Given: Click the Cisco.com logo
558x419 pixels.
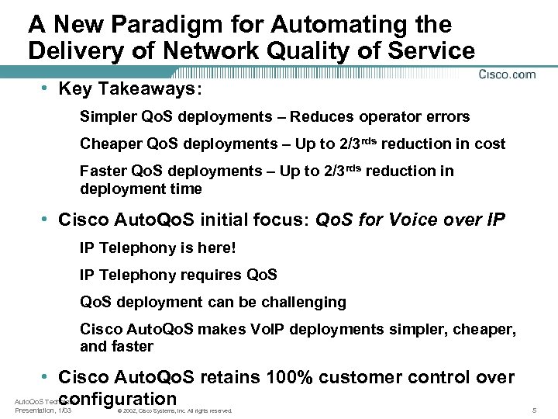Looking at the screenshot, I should tap(508, 74).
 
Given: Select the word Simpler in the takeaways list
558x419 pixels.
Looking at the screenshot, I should tap(106, 117).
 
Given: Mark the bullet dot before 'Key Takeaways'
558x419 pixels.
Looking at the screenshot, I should tap(48, 89).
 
